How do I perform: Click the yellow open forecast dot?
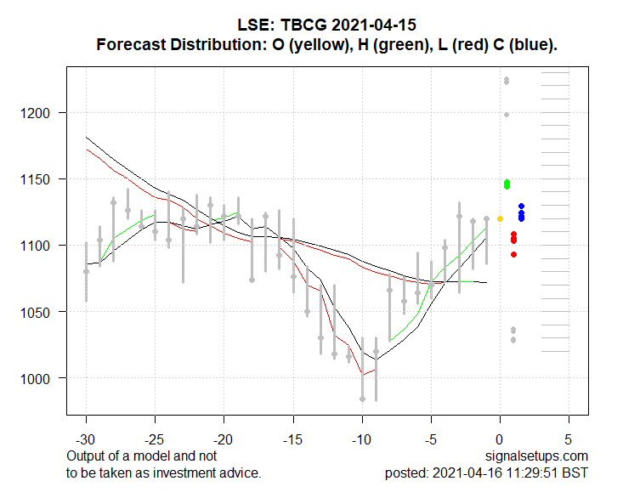(500, 219)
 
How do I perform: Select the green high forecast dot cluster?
(507, 184)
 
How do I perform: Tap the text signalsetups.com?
(537, 456)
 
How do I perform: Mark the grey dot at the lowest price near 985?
(362, 399)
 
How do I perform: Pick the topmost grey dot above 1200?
(507, 81)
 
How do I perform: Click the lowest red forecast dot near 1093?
(513, 254)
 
